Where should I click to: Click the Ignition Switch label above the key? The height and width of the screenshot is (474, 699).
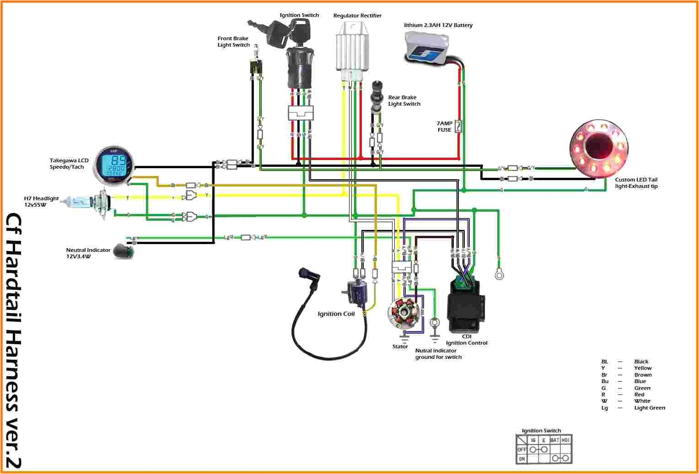point(299,15)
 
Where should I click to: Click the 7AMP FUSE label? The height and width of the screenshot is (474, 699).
point(444,127)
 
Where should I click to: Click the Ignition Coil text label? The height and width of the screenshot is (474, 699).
point(336,314)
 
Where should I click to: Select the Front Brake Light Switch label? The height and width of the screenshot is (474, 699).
point(233,42)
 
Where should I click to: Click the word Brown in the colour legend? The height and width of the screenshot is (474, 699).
point(643,375)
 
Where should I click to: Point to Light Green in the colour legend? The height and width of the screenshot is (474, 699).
point(649,408)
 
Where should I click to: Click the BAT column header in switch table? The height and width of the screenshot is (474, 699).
point(554,440)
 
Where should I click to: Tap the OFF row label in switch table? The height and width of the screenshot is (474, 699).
point(521,449)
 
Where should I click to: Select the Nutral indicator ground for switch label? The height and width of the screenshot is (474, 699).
point(438,354)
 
